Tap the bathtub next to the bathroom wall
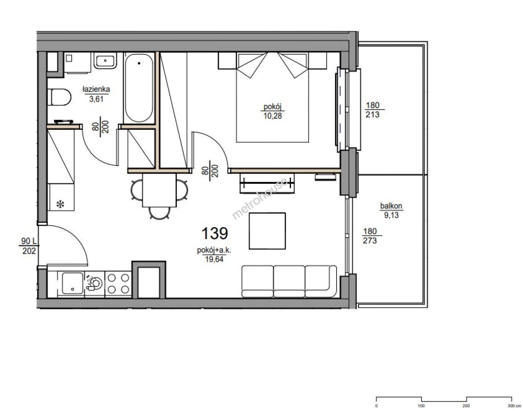[x=139, y=88]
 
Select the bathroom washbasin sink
[x=105, y=61]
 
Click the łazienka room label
[x=96, y=89]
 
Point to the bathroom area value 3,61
[x=96, y=99]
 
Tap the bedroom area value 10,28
[x=272, y=116]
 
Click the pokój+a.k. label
[x=214, y=250]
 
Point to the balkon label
[x=391, y=206]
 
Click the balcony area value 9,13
[x=391, y=215]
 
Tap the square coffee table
[x=267, y=231]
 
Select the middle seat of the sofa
[x=289, y=281]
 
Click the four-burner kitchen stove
[x=118, y=284]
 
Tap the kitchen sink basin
[x=72, y=284]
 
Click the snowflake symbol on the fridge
[x=60, y=204]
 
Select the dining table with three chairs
[x=159, y=194]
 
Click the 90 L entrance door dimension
[x=29, y=241]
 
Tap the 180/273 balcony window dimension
[x=370, y=236]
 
